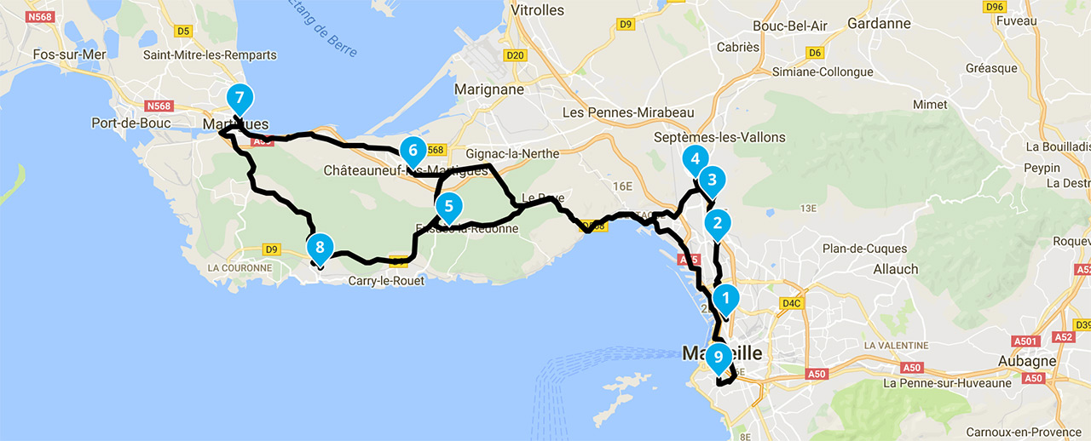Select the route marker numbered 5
tap(447, 206)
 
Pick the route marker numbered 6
tap(412, 152)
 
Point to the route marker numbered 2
tap(718, 223)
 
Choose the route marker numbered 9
tap(718, 357)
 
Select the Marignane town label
tap(489, 89)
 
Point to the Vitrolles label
tap(537, 10)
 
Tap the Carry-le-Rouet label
tap(385, 281)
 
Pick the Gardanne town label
tap(880, 23)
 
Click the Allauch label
tap(896, 269)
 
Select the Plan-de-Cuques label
tap(865, 249)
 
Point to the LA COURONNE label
tap(239, 267)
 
